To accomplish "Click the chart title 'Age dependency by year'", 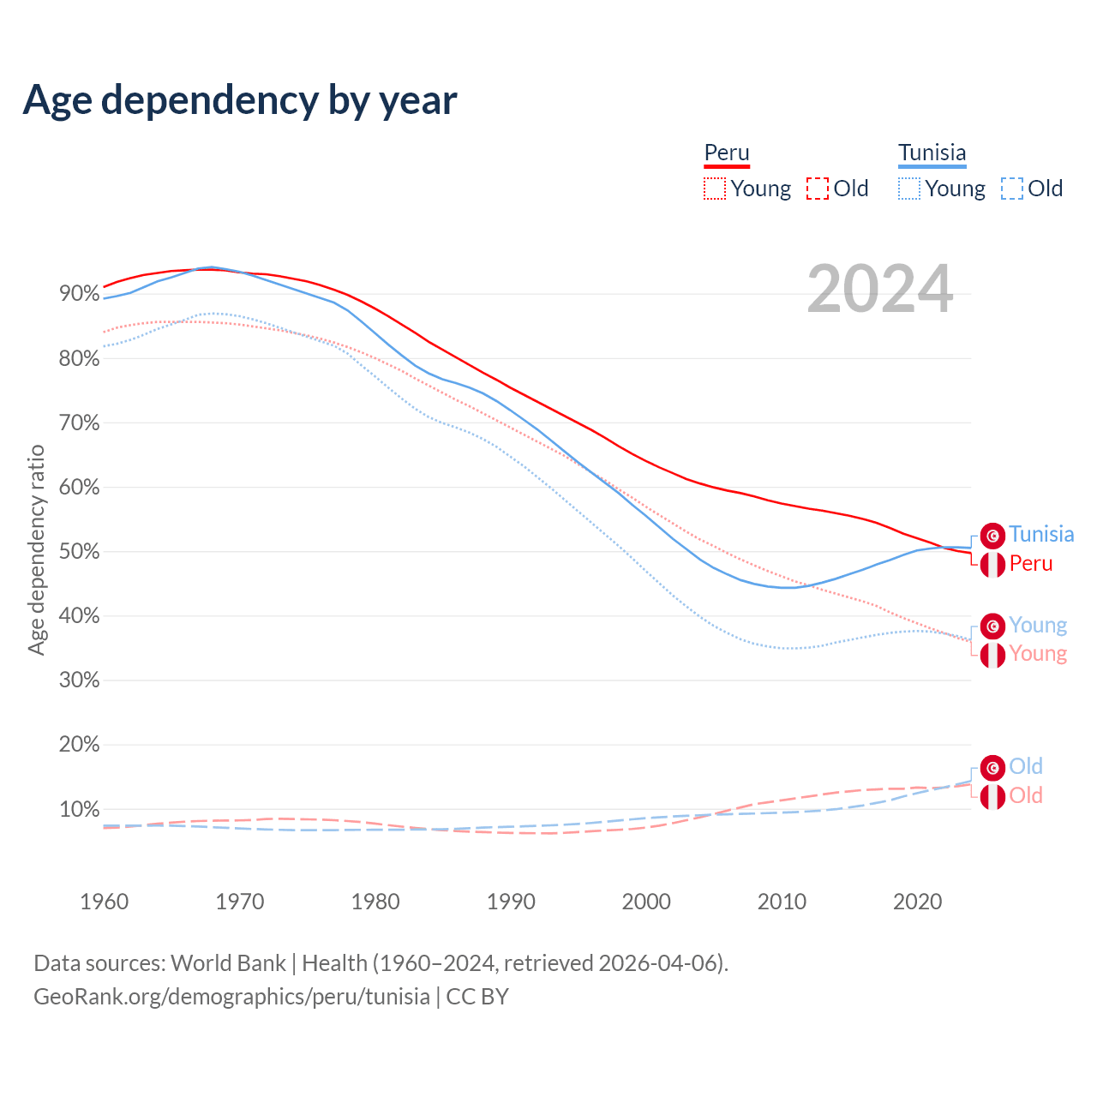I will pyautogui.click(x=240, y=99).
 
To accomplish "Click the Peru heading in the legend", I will pyautogui.click(x=727, y=153).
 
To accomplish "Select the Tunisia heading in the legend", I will pyautogui.click(x=932, y=153).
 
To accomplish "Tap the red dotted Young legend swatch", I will pyautogui.click(x=715, y=189).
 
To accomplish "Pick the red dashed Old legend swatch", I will pyautogui.click(x=818, y=189).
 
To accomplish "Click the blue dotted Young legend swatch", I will pyautogui.click(x=909, y=189).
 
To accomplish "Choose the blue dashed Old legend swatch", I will pyautogui.click(x=1012, y=189).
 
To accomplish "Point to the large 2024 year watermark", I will pyautogui.click(x=880, y=289).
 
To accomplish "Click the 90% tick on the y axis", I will pyautogui.click(x=80, y=294).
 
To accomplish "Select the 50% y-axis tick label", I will pyautogui.click(x=80, y=552).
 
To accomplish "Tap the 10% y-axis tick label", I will pyautogui.click(x=80, y=810).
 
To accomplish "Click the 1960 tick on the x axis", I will pyautogui.click(x=105, y=902).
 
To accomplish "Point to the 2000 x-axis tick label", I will pyautogui.click(x=646, y=902).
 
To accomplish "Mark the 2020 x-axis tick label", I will pyautogui.click(x=917, y=902).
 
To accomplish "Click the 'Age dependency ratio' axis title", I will pyautogui.click(x=36, y=549).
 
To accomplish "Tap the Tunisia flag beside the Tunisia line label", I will pyautogui.click(x=992, y=536).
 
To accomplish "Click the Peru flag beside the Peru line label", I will pyautogui.click(x=992, y=565).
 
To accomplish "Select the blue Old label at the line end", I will pyautogui.click(x=1026, y=766).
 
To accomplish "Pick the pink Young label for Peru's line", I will pyautogui.click(x=1038, y=654).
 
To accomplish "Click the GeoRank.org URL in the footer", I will pyautogui.click(x=231, y=997).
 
